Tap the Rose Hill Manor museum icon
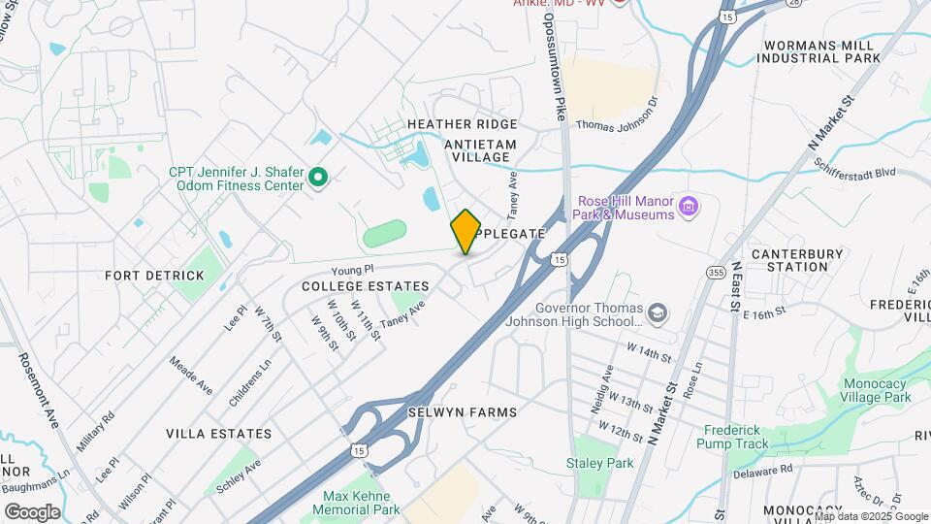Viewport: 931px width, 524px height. click(x=689, y=206)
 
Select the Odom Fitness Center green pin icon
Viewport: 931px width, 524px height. click(x=318, y=178)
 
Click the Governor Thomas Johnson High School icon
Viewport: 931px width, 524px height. click(x=658, y=312)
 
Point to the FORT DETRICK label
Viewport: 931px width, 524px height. click(x=155, y=276)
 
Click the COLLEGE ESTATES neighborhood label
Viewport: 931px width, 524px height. click(x=365, y=286)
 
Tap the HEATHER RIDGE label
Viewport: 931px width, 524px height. click(x=463, y=124)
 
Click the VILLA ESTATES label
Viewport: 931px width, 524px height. click(x=218, y=433)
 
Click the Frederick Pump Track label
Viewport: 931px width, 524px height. click(x=733, y=436)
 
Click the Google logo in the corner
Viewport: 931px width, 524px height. click(x=32, y=511)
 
